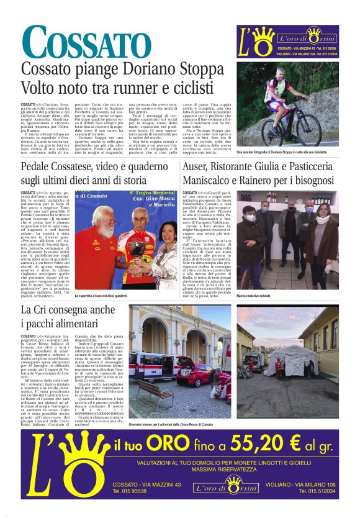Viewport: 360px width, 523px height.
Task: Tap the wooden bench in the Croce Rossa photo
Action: click(x=155, y=389)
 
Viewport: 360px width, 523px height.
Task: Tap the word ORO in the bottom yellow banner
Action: click(x=166, y=445)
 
